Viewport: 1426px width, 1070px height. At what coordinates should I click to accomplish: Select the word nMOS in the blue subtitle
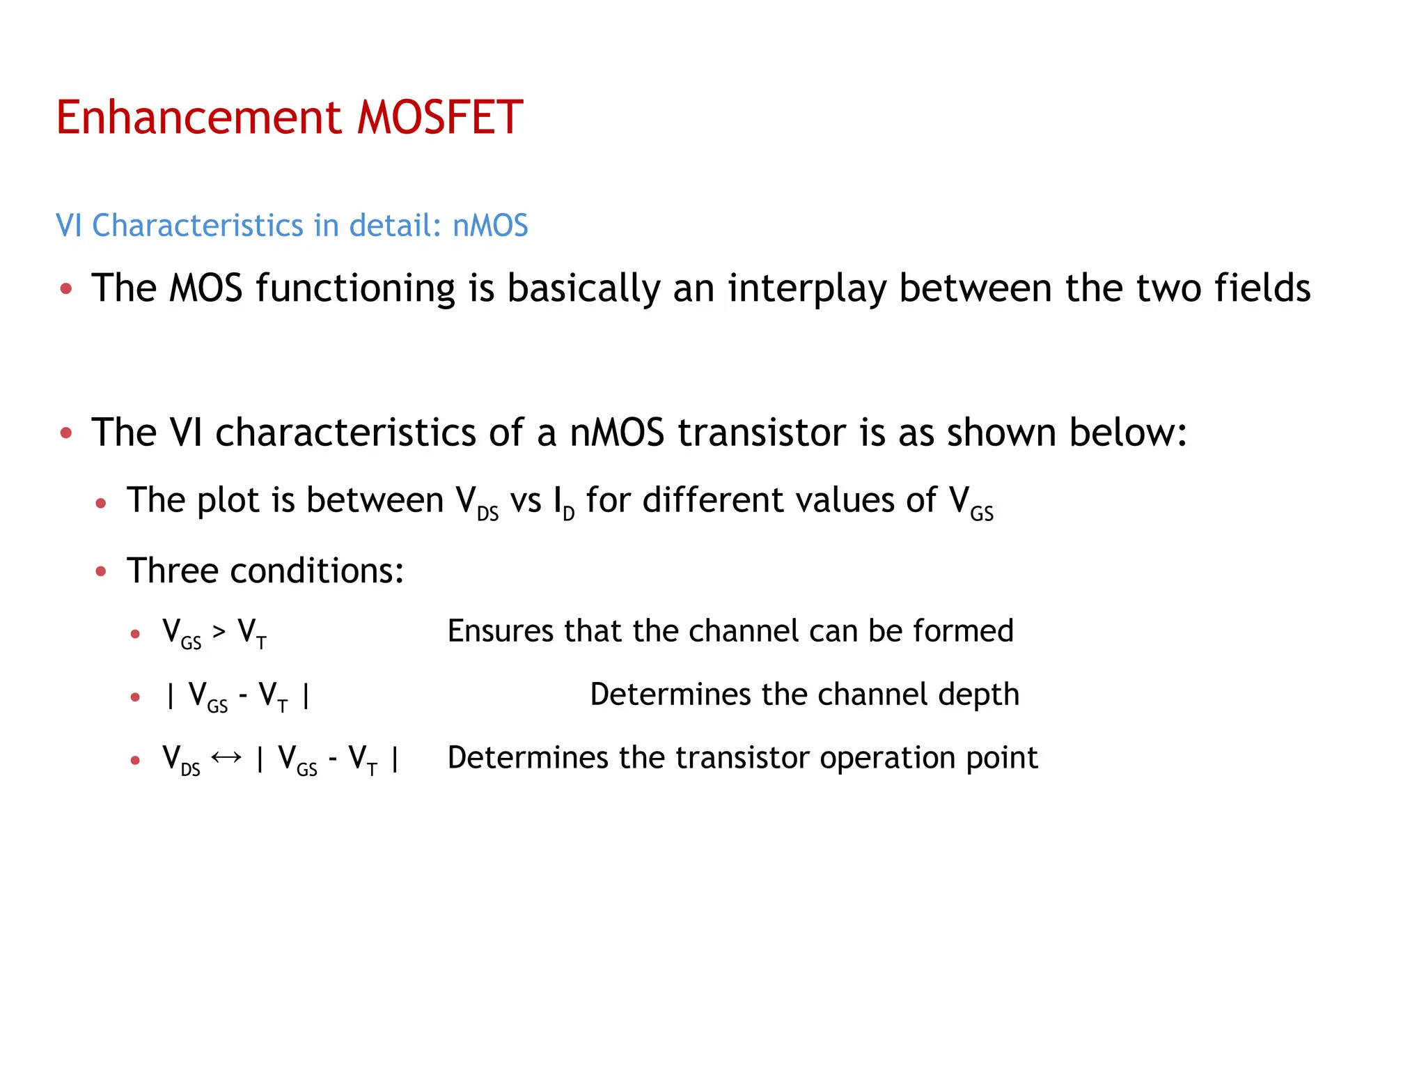(490, 226)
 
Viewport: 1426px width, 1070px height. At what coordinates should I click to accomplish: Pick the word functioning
(355, 288)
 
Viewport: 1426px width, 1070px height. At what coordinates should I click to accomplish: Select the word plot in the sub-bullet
(228, 500)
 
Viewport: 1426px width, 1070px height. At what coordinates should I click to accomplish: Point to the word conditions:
(317, 571)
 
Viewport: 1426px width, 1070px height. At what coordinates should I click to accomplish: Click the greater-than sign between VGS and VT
(219, 632)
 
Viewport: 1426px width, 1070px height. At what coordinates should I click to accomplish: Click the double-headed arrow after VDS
(226, 757)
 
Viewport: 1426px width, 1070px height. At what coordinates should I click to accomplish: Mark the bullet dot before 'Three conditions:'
(101, 572)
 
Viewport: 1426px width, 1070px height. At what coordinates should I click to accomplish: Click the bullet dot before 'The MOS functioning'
(66, 288)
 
